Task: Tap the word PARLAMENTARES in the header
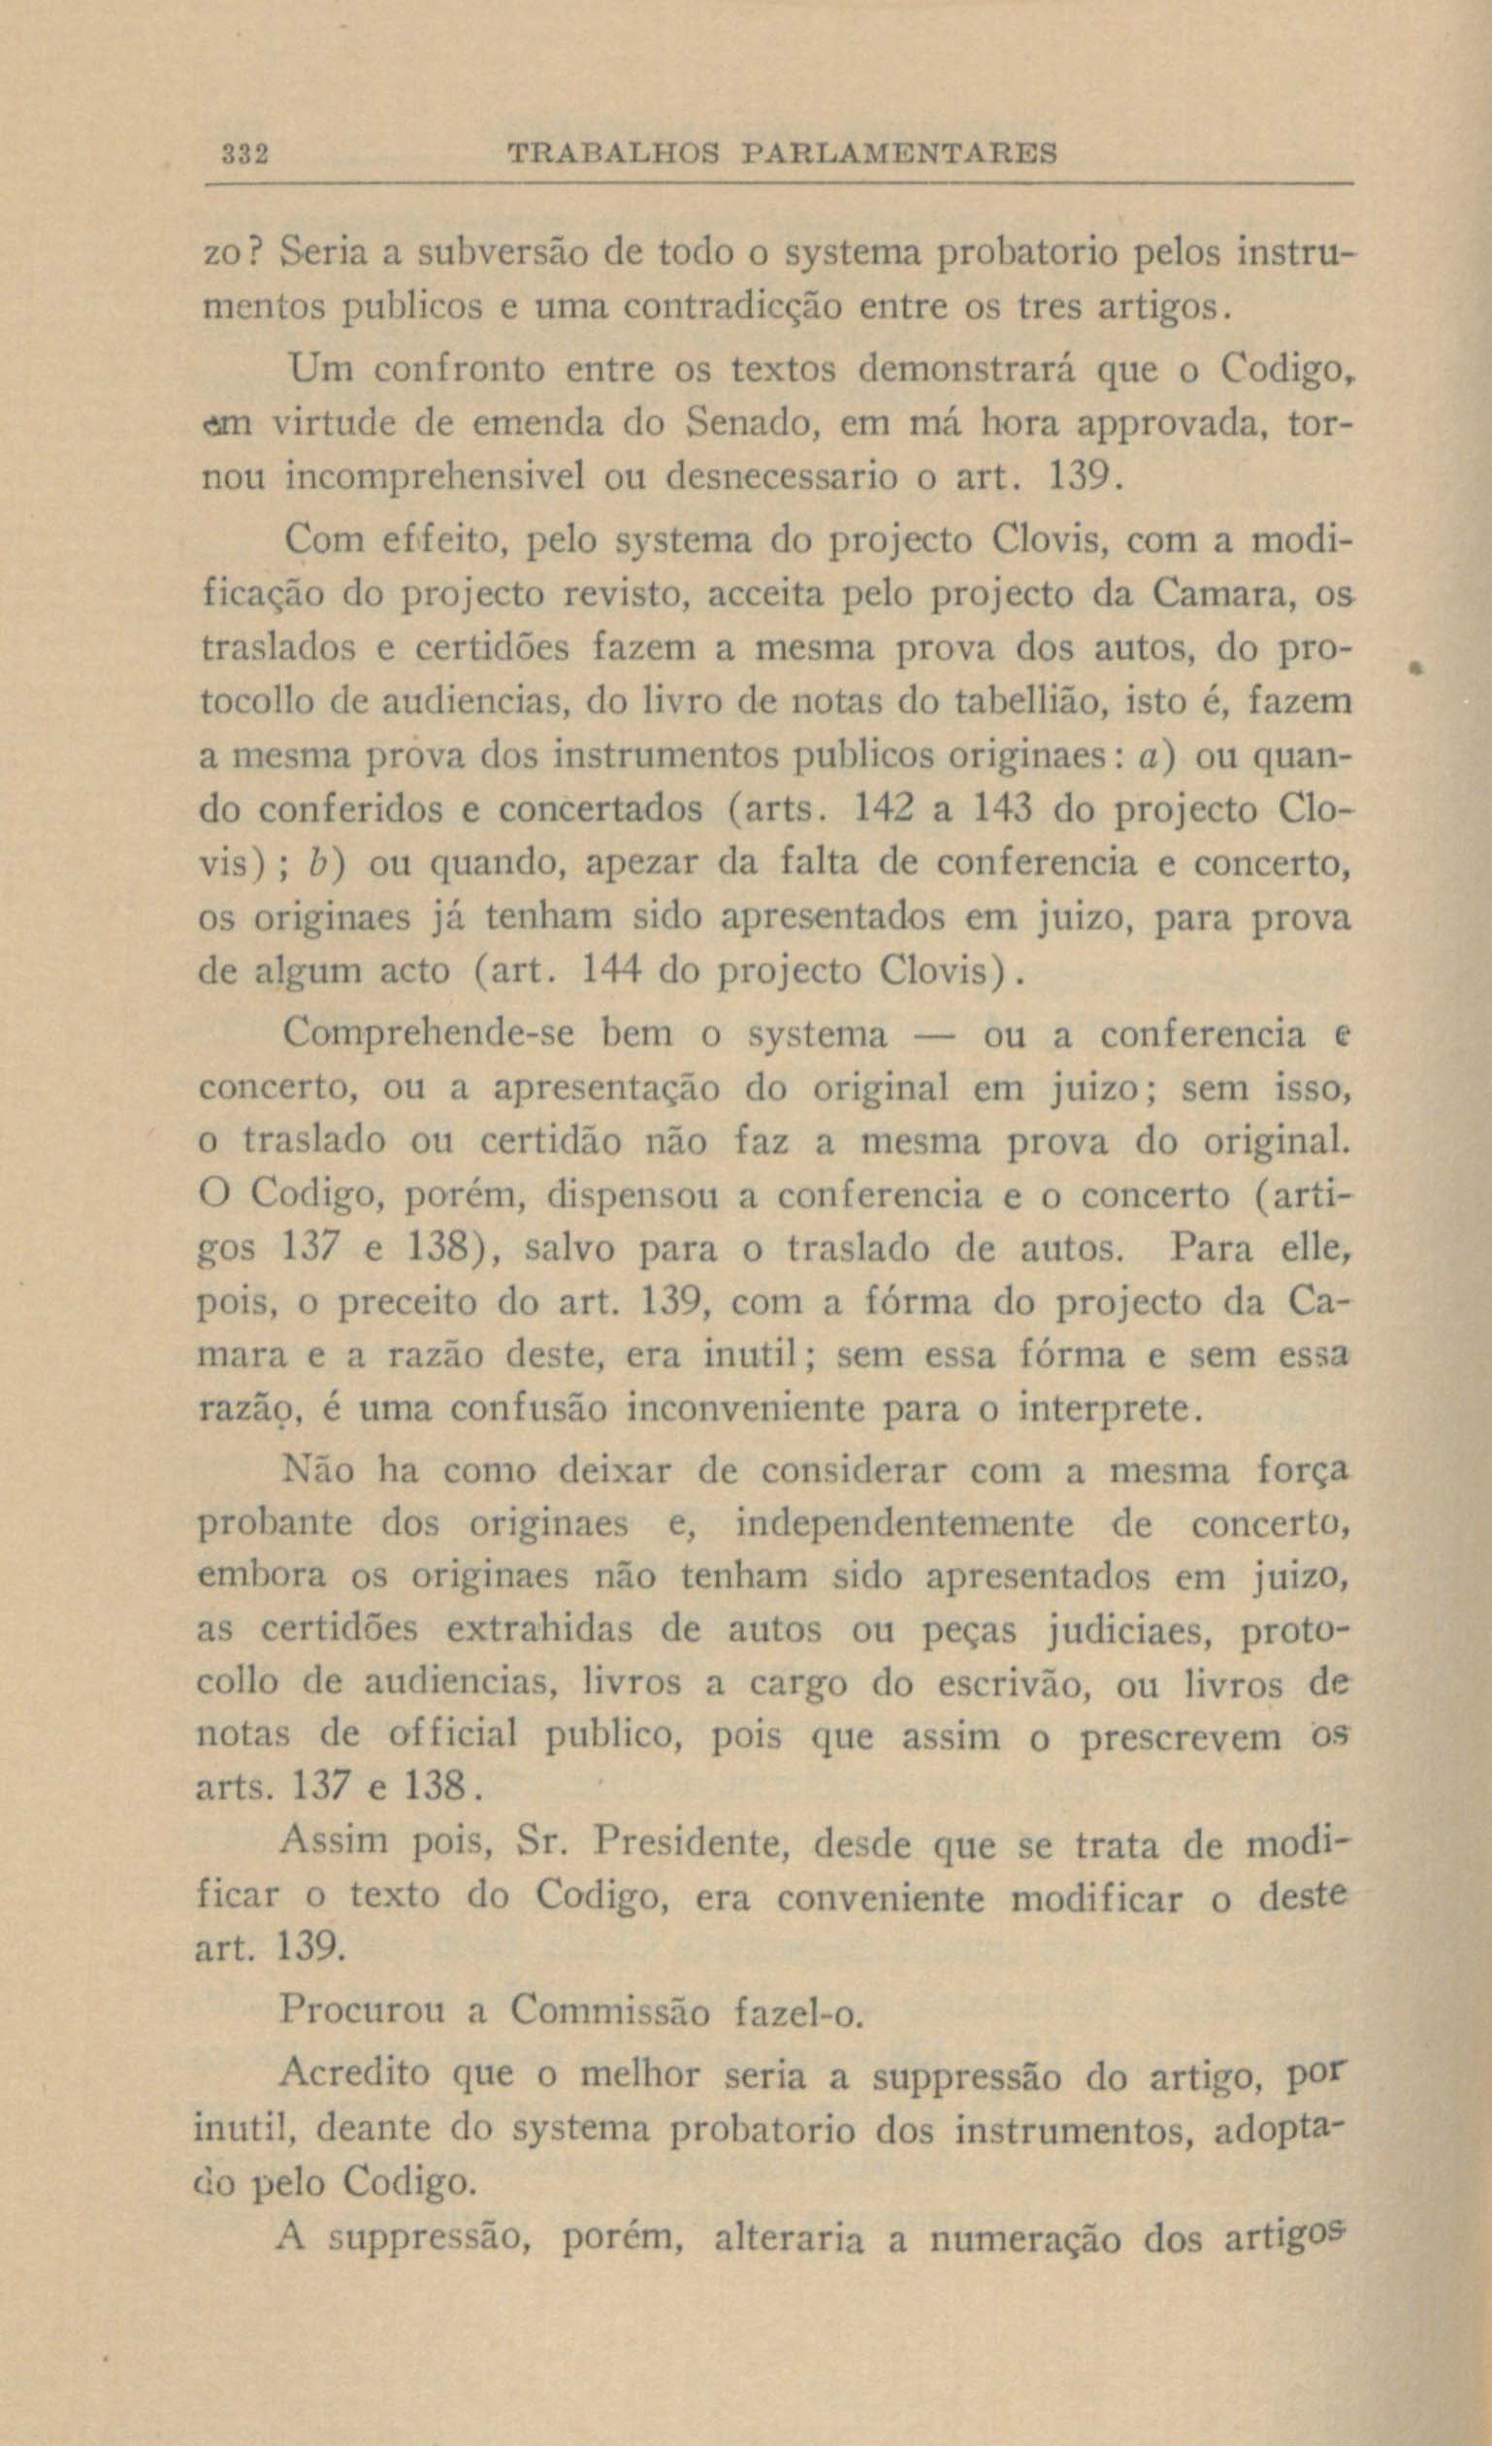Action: [899, 154]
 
